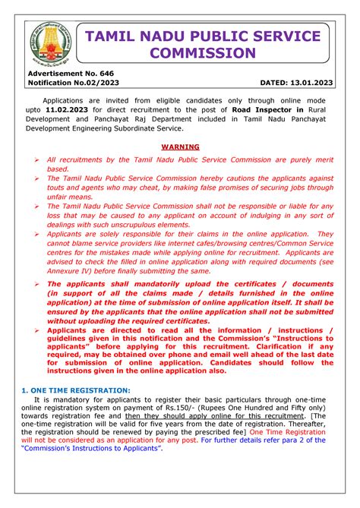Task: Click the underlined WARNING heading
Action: (180, 147)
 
